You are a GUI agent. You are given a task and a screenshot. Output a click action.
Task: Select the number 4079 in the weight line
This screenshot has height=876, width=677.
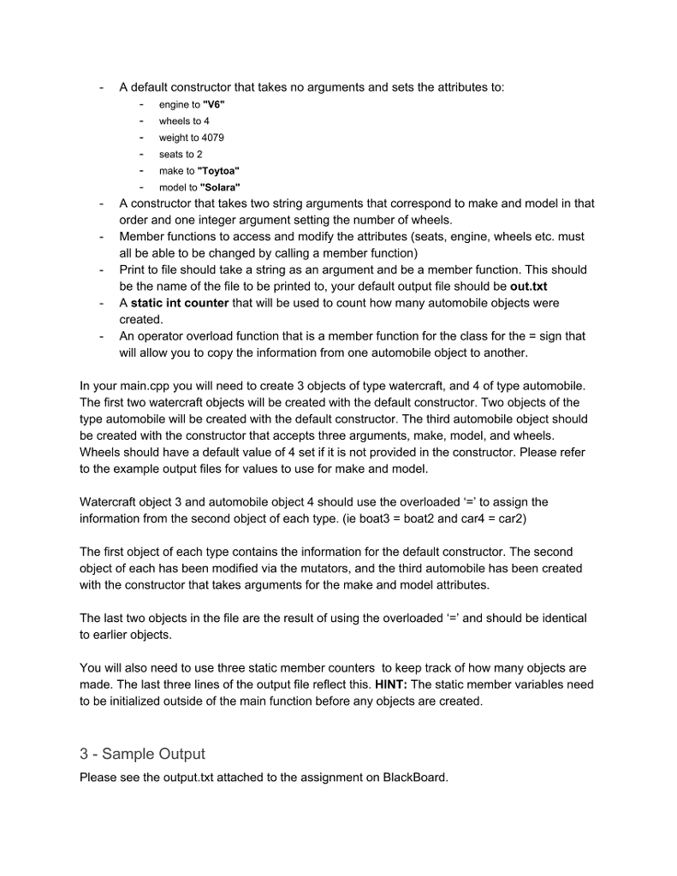(213, 138)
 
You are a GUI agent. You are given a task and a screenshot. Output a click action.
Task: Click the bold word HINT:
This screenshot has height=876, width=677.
(391, 684)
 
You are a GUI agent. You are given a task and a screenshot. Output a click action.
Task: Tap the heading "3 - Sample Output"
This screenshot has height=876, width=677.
(142, 754)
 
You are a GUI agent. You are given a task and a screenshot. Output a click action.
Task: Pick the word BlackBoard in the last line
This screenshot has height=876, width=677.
(414, 778)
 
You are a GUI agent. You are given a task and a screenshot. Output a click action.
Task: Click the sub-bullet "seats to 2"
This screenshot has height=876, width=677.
(181, 154)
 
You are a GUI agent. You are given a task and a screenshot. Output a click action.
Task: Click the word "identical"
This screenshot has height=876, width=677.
(560, 618)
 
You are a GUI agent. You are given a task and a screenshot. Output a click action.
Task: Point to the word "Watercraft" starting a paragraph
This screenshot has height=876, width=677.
(110, 502)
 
